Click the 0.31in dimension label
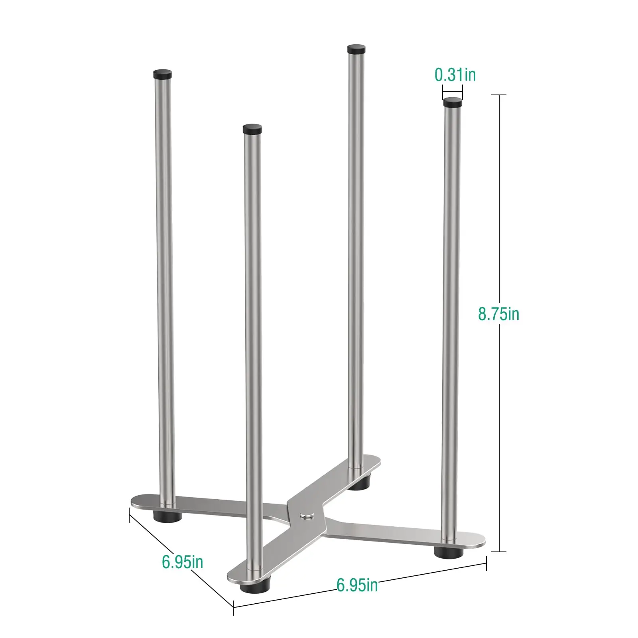point(455,75)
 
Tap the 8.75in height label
point(498,314)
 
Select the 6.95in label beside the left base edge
point(182,562)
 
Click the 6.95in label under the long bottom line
point(357,585)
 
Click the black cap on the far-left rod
point(162,74)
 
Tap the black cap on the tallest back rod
point(356,49)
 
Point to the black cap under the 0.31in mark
point(453,103)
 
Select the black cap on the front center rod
point(252,128)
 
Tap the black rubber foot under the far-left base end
point(168,516)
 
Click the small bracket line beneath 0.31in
point(452,93)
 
